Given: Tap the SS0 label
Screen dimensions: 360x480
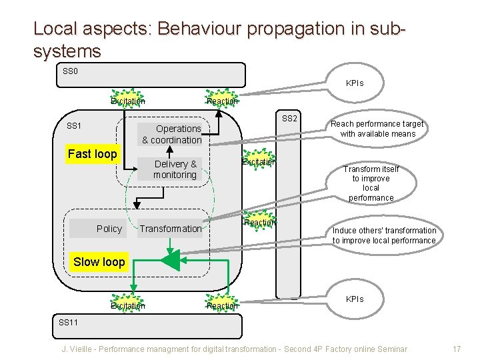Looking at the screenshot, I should (70, 71).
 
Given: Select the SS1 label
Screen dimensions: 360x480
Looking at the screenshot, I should (74, 126).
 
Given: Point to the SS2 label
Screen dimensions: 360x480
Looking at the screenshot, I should (289, 119).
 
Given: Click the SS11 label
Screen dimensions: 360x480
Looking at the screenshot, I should (69, 323).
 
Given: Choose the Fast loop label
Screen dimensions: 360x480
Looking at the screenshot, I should (92, 154).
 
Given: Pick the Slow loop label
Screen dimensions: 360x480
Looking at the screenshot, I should (99, 262).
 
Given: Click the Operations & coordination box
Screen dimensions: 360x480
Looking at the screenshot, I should (171, 134).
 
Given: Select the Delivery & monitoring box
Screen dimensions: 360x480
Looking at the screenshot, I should (175, 169).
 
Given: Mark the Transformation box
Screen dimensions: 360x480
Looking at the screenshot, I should (171, 229).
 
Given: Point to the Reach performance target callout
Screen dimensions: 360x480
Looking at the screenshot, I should (377, 129).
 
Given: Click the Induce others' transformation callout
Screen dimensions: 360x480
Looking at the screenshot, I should (384, 235).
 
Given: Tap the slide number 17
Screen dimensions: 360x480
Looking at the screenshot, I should (457, 349).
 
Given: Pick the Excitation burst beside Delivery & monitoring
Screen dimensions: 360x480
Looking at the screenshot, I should (258, 162).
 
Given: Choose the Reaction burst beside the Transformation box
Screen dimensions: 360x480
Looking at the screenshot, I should (259, 222).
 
